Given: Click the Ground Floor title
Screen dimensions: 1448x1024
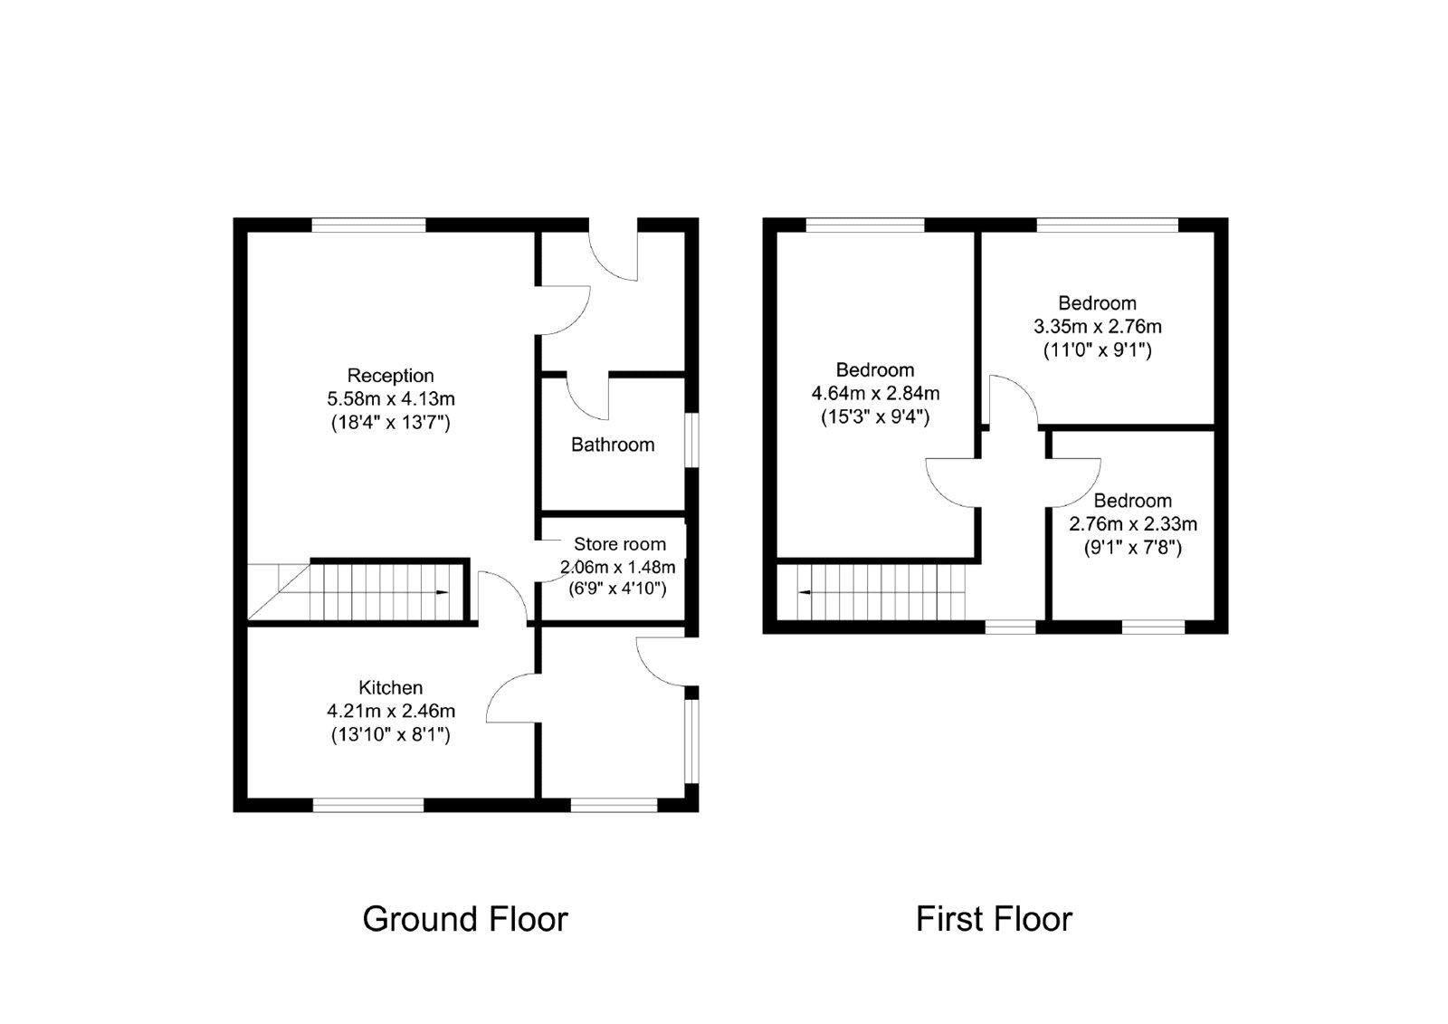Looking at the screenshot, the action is [465, 919].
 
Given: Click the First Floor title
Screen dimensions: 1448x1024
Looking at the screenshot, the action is [995, 919].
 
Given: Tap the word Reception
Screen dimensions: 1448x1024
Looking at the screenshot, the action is [390, 375].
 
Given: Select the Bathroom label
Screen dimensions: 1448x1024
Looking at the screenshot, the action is [613, 445].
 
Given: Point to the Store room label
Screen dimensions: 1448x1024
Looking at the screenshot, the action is [620, 544].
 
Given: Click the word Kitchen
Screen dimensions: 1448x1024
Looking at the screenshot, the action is [390, 687].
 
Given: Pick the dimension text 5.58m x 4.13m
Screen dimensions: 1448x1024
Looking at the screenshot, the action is [390, 398].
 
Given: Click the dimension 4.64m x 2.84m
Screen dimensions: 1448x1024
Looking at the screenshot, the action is [875, 393].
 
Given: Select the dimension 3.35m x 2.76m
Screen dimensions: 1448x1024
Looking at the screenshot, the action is [1098, 326].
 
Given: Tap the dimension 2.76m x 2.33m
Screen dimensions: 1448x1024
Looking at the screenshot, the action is [1132, 523].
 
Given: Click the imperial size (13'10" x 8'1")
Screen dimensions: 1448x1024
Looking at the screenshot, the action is [390, 735].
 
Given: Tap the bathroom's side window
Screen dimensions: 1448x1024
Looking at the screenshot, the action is [691, 441].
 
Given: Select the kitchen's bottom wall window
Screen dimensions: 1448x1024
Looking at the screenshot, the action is [368, 806].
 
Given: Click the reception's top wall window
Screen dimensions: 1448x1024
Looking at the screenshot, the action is [368, 225].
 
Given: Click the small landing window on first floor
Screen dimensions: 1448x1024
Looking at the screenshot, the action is [1010, 627].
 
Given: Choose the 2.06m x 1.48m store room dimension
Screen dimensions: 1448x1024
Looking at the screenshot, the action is [617, 568].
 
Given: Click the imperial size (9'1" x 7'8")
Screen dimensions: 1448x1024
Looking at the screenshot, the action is [1132, 548].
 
